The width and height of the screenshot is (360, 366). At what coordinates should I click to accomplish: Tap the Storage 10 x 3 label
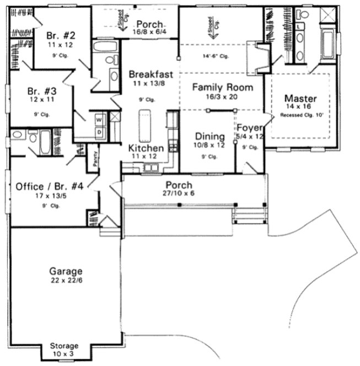point(65,346)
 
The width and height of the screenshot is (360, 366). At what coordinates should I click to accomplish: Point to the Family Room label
point(222,87)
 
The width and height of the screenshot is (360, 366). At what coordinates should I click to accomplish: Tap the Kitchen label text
point(146,148)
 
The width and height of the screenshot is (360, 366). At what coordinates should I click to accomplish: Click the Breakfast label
point(151,74)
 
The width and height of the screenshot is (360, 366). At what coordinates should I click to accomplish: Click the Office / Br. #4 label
point(50,186)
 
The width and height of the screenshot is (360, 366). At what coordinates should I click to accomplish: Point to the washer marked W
point(100,120)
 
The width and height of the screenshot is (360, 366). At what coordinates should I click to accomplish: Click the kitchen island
point(146,125)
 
